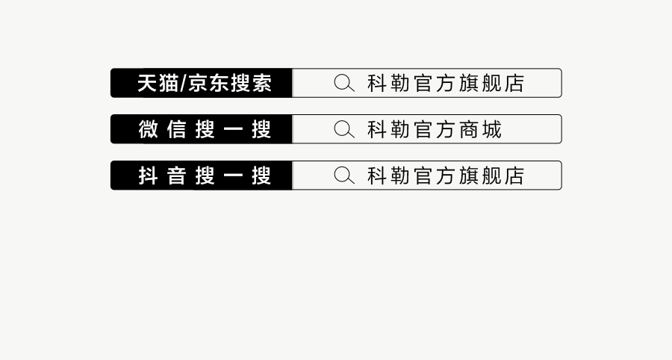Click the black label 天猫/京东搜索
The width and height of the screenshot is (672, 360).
pyautogui.click(x=203, y=83)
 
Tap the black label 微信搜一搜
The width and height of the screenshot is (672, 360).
pyautogui.click(x=203, y=129)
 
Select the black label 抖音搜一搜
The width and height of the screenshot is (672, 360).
pyautogui.click(x=203, y=176)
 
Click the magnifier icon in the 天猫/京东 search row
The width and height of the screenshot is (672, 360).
pyautogui.click(x=343, y=83)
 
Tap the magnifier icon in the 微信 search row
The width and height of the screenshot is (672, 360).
pyautogui.click(x=343, y=129)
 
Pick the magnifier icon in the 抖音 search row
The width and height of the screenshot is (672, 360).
pyautogui.click(x=343, y=176)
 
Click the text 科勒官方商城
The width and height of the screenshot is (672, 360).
pyautogui.click(x=435, y=129)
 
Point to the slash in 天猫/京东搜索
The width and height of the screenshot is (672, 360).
pyautogui.click(x=184, y=84)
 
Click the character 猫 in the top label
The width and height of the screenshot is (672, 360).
pyautogui.click(x=169, y=83)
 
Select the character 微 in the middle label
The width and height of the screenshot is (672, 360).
pyautogui.click(x=149, y=129)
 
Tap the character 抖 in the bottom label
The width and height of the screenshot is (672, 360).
pyautogui.click(x=149, y=176)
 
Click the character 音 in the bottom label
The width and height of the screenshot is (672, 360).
pyautogui.click(x=176, y=176)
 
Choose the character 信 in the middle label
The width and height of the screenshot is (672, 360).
pyautogui.click(x=176, y=129)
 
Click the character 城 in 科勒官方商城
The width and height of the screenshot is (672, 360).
pyautogui.click(x=491, y=129)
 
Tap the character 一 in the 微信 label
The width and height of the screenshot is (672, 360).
pyautogui.click(x=232, y=129)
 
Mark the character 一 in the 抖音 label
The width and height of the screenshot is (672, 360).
pyautogui.click(x=232, y=176)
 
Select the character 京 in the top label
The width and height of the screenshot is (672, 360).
pyautogui.click(x=198, y=83)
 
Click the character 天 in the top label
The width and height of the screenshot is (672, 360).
pyautogui.click(x=147, y=83)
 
